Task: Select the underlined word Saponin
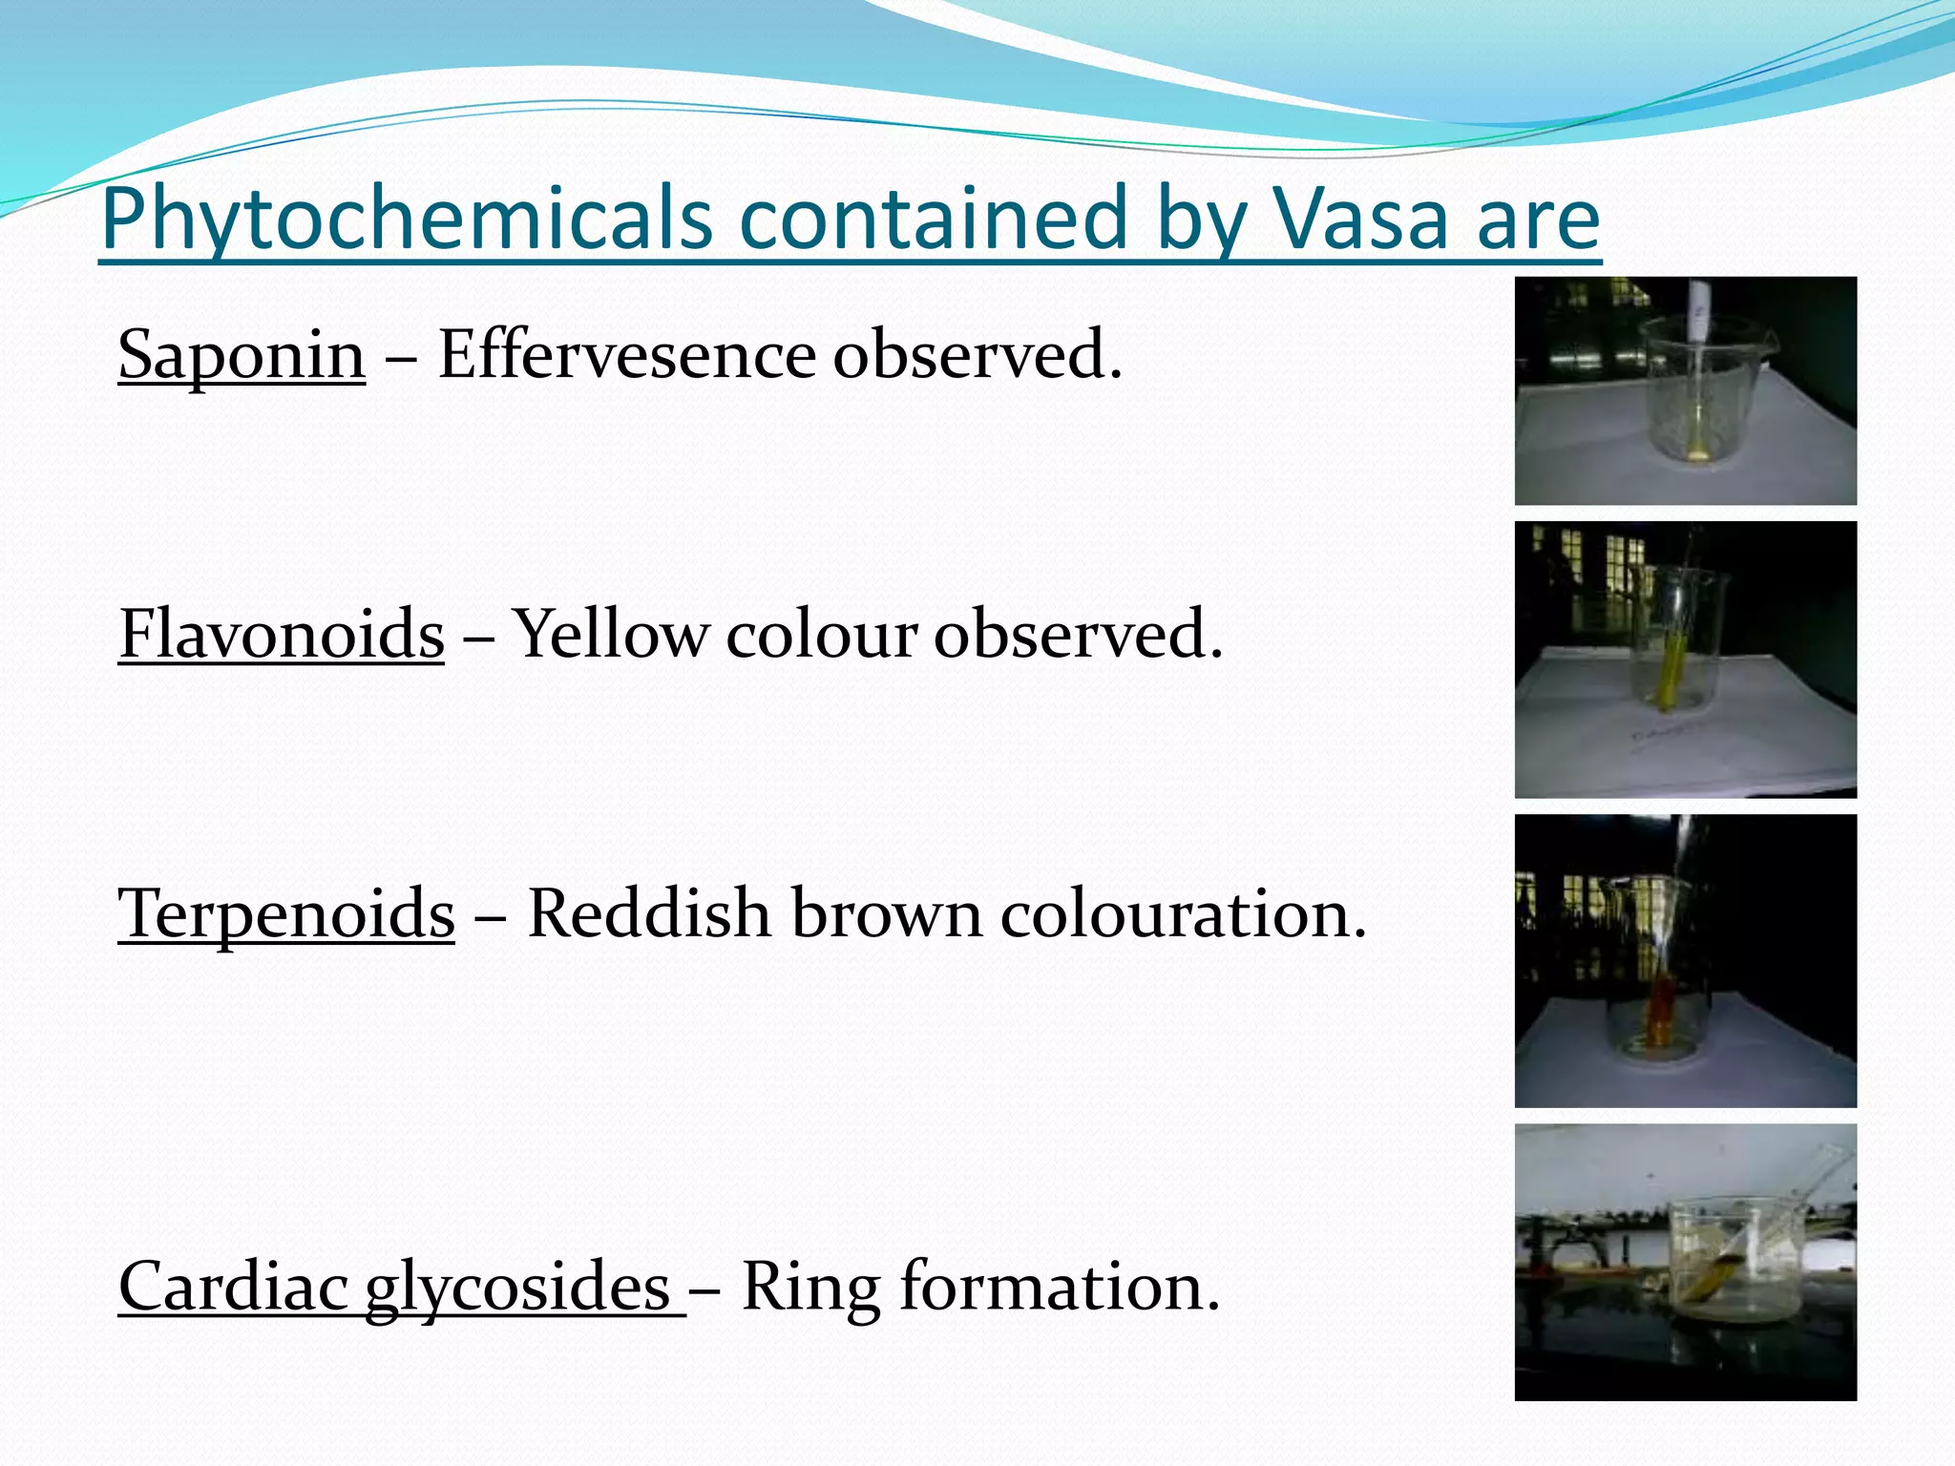(242, 355)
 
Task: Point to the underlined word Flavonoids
(282, 634)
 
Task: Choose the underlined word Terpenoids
(285, 913)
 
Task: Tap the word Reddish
(648, 913)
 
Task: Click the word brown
(885, 913)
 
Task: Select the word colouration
(1184, 913)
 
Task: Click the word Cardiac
(233, 1287)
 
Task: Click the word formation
(1060, 1287)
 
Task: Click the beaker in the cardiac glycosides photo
(1737, 1260)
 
